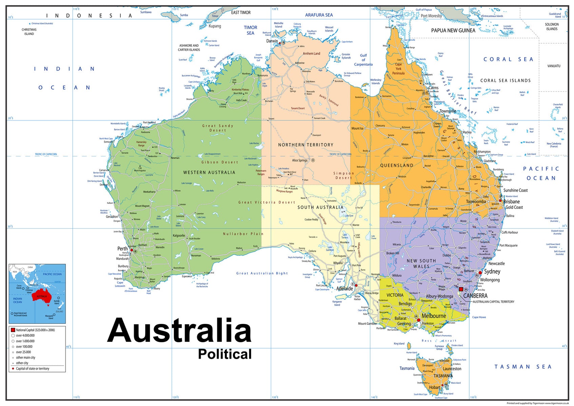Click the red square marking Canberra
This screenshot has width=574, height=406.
[461, 289]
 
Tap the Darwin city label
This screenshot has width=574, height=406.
[272, 41]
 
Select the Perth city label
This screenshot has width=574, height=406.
[122, 249]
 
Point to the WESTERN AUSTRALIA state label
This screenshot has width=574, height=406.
[209, 173]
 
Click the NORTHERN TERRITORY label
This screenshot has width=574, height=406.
[305, 145]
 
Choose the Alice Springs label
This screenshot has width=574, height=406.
[300, 160]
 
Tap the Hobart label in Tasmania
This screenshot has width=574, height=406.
[434, 387]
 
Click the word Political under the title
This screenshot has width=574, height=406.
[225, 354]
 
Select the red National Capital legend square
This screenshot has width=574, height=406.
[13, 330]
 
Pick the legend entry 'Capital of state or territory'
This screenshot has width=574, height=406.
[32, 369]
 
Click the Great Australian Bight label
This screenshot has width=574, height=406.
[262, 273]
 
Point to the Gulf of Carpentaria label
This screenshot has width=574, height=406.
[363, 60]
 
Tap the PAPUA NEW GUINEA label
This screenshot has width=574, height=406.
[453, 31]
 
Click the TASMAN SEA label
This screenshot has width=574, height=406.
[523, 367]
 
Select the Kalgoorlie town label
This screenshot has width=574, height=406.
[179, 235]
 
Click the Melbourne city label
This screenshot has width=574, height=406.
[434, 316]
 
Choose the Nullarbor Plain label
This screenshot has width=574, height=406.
[243, 234]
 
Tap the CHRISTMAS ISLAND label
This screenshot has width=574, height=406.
[29, 32]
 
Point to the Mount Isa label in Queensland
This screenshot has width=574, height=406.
[357, 128]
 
